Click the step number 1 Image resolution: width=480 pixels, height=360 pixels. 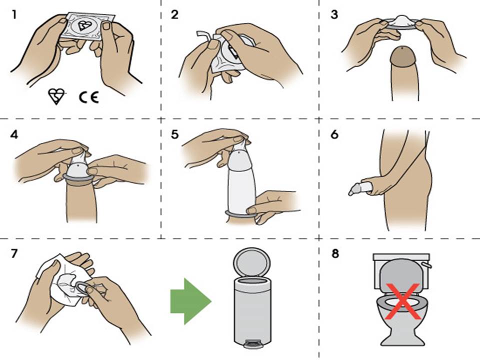click(13, 14)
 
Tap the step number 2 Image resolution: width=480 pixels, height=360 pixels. click(174, 14)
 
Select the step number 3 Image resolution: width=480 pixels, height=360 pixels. click(334, 14)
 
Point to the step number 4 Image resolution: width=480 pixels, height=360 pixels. click(14, 134)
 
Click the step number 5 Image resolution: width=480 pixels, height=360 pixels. click(174, 134)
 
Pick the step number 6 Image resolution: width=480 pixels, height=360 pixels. click(334, 134)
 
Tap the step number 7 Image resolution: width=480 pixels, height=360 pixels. click(14, 253)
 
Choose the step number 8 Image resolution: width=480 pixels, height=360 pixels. click(335, 253)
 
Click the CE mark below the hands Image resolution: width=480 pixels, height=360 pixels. click(89, 97)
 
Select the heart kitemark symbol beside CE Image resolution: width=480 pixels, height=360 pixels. click(56, 96)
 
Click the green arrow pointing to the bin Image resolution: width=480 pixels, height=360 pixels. click(190, 301)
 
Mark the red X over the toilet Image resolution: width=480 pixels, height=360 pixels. click(402, 301)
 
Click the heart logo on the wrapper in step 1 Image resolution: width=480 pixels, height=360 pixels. click(83, 25)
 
